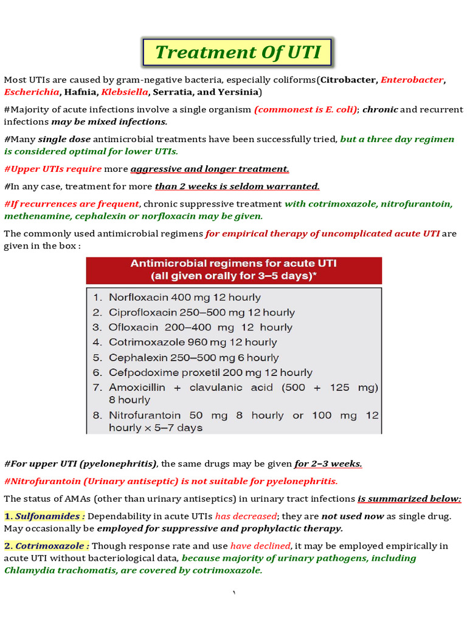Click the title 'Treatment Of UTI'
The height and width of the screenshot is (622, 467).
click(x=238, y=52)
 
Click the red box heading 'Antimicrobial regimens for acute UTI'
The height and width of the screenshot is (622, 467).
click(x=233, y=264)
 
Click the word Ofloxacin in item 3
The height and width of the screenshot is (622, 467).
click(x=134, y=327)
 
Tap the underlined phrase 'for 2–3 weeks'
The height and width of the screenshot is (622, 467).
click(x=328, y=464)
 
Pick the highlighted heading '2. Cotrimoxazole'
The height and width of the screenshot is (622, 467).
click(x=47, y=546)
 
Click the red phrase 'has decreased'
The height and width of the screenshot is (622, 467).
click(x=246, y=516)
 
